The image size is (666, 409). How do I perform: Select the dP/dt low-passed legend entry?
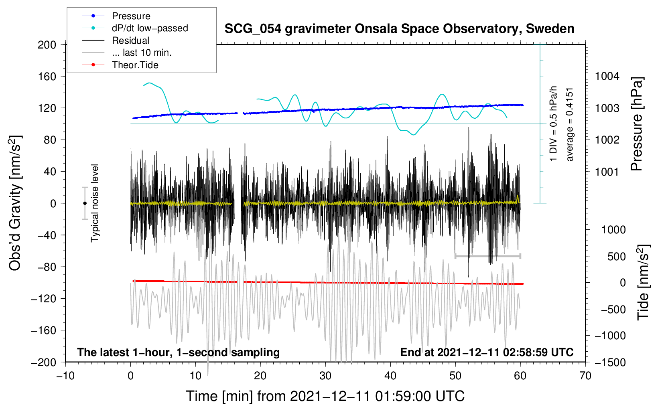[x=150, y=28]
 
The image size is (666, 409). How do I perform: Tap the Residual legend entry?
[x=130, y=40]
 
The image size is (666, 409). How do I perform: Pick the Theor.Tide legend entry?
[x=135, y=65]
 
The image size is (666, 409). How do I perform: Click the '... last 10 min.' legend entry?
[x=142, y=53]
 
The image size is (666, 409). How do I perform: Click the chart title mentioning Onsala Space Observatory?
[x=399, y=29]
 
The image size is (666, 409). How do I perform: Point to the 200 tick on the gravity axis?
[x=47, y=45]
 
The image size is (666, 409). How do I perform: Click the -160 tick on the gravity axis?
[x=44, y=330]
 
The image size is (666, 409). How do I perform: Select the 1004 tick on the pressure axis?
[x=607, y=76]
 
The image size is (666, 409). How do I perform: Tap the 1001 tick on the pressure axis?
[x=607, y=172]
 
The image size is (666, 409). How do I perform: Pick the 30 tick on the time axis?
[x=325, y=376]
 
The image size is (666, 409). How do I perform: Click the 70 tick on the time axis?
[x=585, y=376]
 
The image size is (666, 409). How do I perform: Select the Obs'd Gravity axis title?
[x=15, y=203]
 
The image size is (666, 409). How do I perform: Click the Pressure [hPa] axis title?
[x=637, y=124]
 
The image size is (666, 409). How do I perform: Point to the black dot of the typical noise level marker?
[x=85, y=203]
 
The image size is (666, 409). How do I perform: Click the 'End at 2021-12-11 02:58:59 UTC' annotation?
[x=487, y=352]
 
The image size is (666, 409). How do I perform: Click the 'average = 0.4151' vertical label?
[x=570, y=124]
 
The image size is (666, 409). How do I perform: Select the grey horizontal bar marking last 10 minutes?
[x=487, y=256]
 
